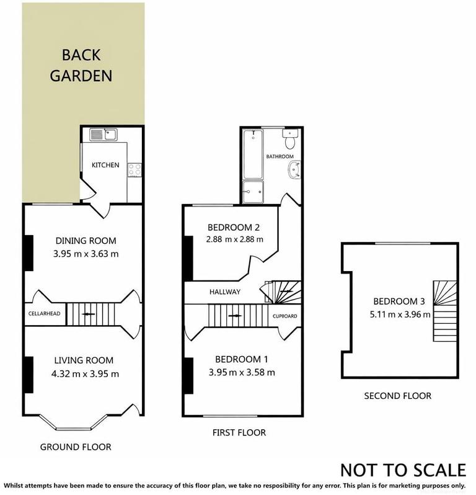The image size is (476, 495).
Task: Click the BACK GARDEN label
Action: click(81, 65)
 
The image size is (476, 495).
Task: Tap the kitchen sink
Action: click(103, 134)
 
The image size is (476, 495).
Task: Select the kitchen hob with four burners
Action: click(134, 169)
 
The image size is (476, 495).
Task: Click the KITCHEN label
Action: click(105, 165)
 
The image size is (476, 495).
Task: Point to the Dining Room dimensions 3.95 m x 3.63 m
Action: click(86, 253)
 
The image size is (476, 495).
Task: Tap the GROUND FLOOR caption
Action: click(76, 447)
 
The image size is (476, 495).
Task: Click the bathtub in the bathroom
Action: click(253, 154)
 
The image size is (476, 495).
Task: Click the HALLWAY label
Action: click(224, 292)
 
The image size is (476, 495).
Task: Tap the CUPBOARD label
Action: click(285, 316)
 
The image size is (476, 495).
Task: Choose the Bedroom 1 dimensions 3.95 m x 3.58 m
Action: click(242, 372)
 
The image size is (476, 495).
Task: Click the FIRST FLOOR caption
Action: click(239, 432)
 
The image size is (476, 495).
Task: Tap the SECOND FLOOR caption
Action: click(397, 396)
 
